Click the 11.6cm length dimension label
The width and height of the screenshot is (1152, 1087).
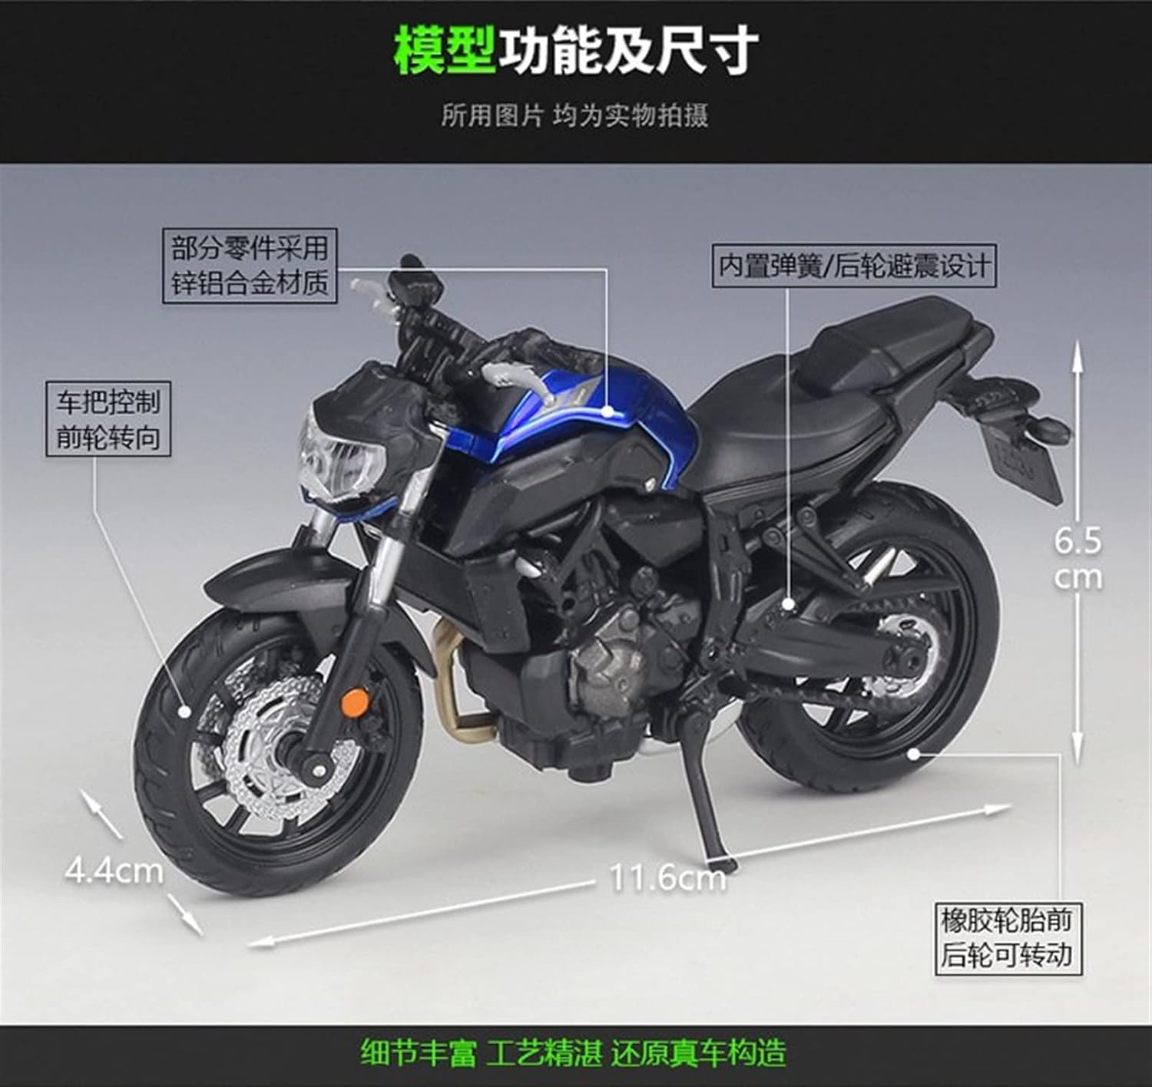667,877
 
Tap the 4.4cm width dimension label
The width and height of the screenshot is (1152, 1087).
114,871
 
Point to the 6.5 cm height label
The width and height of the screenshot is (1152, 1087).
1078,559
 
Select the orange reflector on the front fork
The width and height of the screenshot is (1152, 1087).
354,700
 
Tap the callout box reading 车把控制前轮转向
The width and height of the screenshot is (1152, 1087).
108,419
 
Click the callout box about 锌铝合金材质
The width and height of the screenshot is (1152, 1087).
250,266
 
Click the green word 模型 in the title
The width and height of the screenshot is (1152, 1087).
444,51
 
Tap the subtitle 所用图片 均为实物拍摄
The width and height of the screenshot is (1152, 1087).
574,116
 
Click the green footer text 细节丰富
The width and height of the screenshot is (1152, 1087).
419,1052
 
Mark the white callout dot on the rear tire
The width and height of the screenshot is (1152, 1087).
912,753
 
